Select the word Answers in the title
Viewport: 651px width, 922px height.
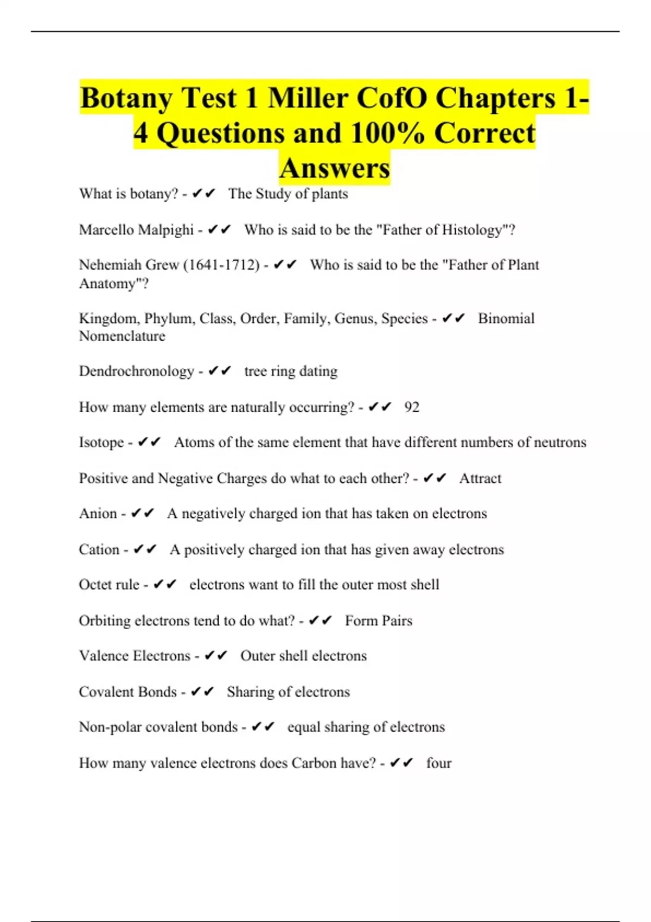pyautogui.click(x=335, y=168)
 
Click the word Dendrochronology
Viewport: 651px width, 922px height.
pyautogui.click(x=136, y=371)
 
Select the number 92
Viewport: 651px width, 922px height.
pyautogui.click(x=412, y=407)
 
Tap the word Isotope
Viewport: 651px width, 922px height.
pyautogui.click(x=101, y=442)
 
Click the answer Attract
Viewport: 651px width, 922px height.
pyautogui.click(x=480, y=478)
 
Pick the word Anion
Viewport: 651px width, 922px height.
pyautogui.click(x=98, y=513)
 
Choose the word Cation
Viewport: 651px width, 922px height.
pyautogui.click(x=99, y=549)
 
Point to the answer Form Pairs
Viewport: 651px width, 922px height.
pyautogui.click(x=379, y=620)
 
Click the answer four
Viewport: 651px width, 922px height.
pyautogui.click(x=439, y=763)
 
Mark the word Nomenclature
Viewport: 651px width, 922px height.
pyautogui.click(x=122, y=336)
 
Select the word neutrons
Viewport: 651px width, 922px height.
pyautogui.click(x=560, y=442)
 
